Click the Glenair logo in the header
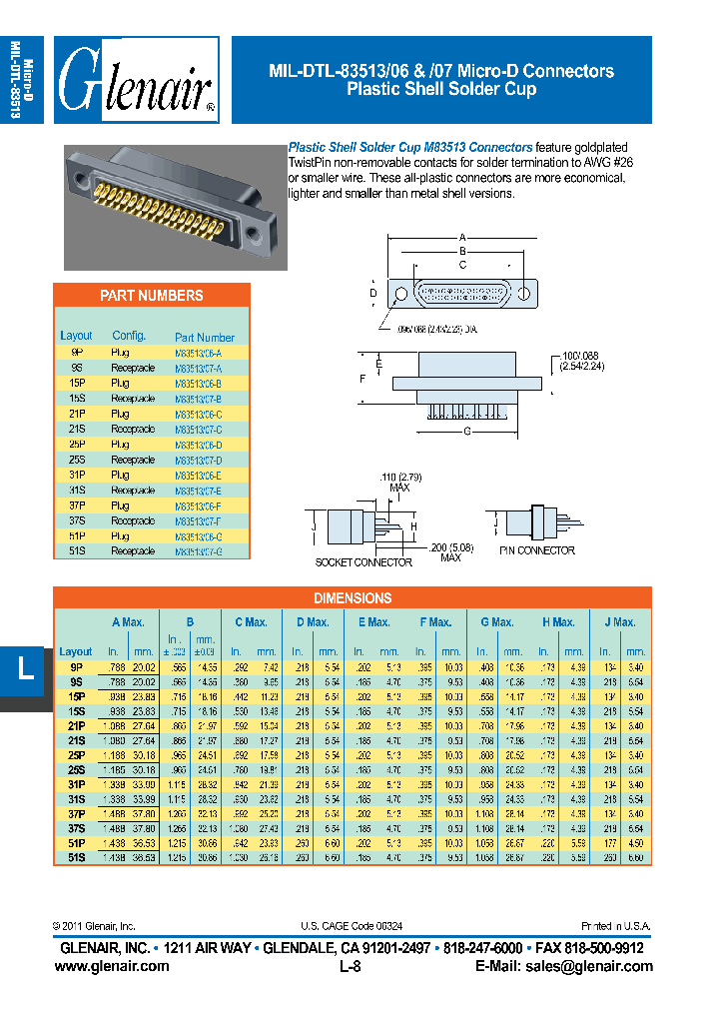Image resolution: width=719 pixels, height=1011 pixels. pos(136,80)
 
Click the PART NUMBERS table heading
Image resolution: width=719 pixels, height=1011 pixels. pos(151,296)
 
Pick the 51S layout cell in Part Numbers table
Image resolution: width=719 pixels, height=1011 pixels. pos(77,551)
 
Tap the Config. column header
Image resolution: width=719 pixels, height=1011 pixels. pos(129,336)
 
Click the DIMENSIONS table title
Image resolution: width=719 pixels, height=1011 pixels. pos(352,598)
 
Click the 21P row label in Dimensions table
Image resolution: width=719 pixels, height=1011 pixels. pos(76,725)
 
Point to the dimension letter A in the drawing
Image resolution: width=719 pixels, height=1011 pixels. pos(462,237)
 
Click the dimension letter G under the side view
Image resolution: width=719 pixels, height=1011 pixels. pos(466,432)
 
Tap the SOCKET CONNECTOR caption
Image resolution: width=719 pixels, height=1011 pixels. pos(363,562)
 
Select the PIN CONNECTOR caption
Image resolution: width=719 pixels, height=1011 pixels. pos(536,550)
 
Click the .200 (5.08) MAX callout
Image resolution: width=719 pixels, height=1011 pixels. pos(449,551)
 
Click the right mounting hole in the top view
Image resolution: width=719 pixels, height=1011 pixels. pos(523,295)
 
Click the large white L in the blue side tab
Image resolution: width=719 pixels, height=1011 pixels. pos(25,668)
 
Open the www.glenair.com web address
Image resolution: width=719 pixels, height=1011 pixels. pos(111,966)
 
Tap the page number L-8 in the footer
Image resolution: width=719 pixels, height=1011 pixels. pos(350,966)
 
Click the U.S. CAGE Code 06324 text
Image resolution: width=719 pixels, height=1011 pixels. pos(350,926)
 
